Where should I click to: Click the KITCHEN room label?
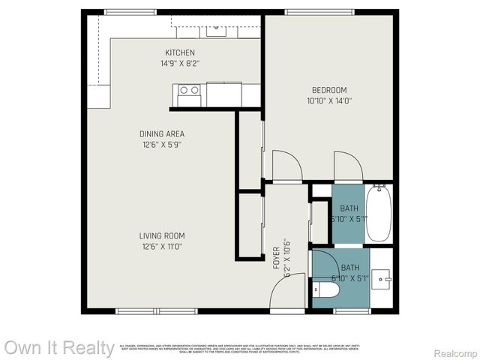(x=180, y=52)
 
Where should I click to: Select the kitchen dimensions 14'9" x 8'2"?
(x=180, y=64)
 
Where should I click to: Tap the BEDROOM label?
(x=329, y=90)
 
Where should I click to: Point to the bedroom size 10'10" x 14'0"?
(x=329, y=100)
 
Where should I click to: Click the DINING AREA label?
(x=161, y=133)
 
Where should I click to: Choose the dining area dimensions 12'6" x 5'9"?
(x=161, y=144)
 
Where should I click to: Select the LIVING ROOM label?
(x=161, y=235)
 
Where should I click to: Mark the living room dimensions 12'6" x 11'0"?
(x=161, y=246)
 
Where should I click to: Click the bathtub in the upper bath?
(x=379, y=213)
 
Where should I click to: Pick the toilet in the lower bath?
(x=327, y=289)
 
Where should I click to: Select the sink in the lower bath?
(x=383, y=279)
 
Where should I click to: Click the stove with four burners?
(x=189, y=94)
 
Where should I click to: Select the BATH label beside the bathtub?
(x=349, y=208)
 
